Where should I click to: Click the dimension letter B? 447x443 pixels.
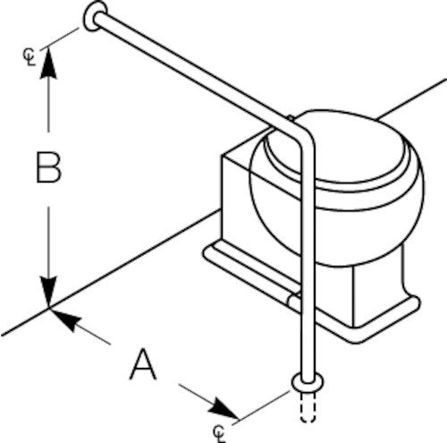[x=48, y=167]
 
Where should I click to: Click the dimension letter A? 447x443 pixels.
[x=143, y=364]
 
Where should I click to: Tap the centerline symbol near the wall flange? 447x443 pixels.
[x=30, y=56]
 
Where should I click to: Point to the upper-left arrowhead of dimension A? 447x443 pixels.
[x=65, y=319]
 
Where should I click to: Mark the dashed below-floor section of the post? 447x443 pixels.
[x=308, y=407]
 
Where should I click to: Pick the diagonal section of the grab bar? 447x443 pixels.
[x=190, y=72]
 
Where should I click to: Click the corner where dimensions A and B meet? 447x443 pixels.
[x=49, y=308]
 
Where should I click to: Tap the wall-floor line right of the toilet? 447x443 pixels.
[x=411, y=99]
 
